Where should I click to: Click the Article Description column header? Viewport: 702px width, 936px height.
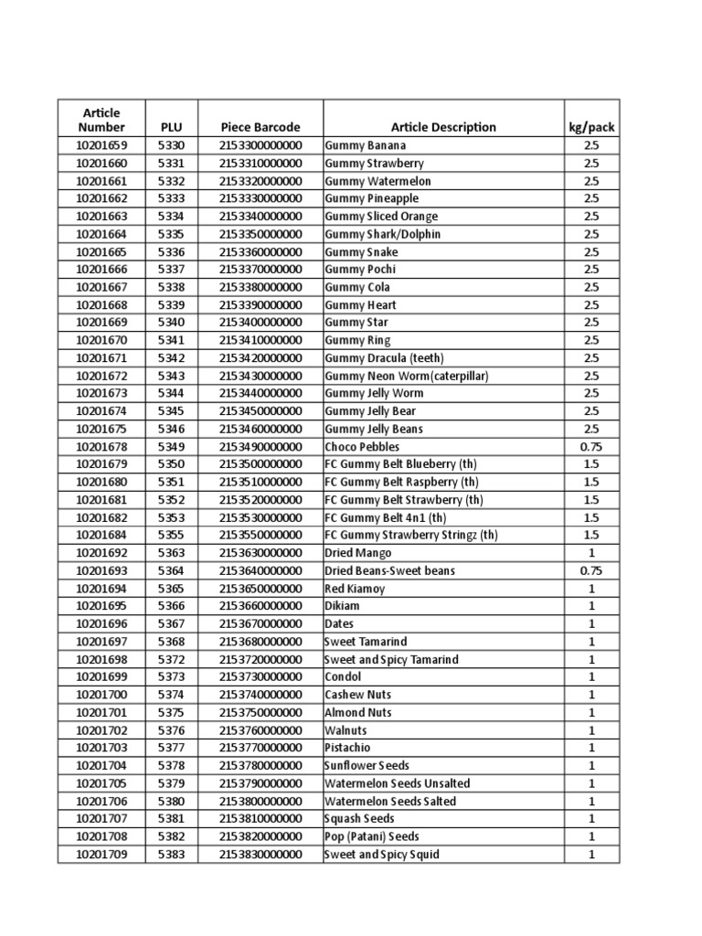tap(443, 127)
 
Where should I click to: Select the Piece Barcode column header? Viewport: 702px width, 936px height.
tap(260, 127)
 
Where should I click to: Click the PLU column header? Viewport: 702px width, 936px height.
tap(171, 127)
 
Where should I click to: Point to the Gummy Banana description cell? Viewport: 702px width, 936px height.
tap(366, 145)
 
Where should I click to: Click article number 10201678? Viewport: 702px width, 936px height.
tap(101, 447)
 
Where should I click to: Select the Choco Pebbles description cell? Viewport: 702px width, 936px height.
tap(362, 447)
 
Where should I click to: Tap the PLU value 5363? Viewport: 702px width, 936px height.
tap(171, 553)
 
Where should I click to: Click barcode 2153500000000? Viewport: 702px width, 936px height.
tap(260, 464)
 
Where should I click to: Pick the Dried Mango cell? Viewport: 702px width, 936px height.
tap(358, 553)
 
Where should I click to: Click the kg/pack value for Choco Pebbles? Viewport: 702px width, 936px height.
tap(590, 447)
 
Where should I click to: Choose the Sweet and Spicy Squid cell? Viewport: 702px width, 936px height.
tap(382, 855)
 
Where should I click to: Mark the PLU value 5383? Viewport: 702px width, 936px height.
tap(171, 855)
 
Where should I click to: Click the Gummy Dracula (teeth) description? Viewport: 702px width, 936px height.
tap(384, 358)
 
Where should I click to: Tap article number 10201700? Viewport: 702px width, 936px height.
tap(101, 695)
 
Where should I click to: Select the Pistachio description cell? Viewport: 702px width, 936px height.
tap(347, 748)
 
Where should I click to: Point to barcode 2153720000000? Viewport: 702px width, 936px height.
tap(260, 659)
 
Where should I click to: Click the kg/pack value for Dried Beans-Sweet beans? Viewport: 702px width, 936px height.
tap(590, 570)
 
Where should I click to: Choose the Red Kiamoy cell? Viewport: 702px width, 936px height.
tap(355, 589)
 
